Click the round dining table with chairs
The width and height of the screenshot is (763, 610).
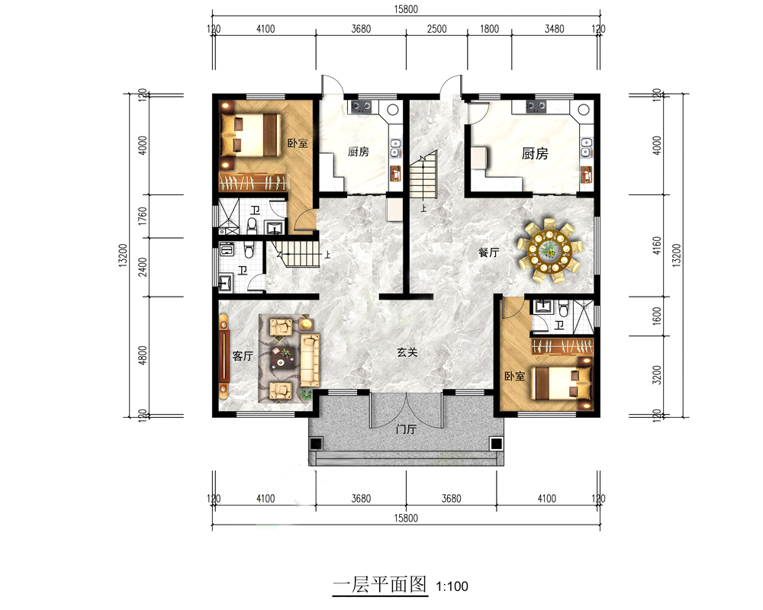point(549,251)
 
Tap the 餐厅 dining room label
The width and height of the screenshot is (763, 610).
point(488,252)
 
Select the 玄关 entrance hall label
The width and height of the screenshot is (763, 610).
point(407,352)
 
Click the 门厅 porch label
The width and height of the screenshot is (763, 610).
point(406,429)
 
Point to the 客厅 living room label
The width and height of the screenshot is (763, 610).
point(243,356)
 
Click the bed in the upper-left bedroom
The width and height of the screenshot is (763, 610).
point(250,135)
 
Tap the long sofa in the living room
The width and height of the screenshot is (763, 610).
point(310,360)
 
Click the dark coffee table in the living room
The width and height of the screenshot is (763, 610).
point(284,359)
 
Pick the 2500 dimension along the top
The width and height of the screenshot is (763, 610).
point(436,29)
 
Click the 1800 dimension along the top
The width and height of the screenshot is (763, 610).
point(489,29)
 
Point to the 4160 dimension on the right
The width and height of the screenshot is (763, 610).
point(657,246)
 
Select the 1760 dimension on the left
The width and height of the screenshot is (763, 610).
point(142,216)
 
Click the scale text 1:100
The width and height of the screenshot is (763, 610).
point(452,586)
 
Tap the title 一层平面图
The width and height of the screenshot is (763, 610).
point(380,584)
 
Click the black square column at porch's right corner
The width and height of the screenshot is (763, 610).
point(496,444)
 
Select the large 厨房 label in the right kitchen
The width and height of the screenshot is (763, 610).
point(535,154)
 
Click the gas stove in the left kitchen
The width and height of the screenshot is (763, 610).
point(362,106)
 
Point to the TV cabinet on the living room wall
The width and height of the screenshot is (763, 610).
point(224,355)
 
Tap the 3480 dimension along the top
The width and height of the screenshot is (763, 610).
point(554,29)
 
